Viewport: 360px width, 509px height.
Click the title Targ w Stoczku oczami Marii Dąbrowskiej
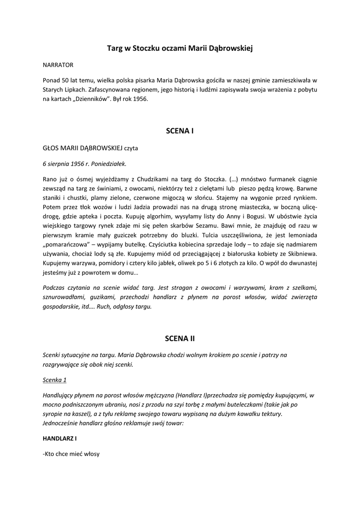pos(180,48)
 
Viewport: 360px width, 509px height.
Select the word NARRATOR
pos(58,65)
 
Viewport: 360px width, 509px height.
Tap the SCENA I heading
pos(180,131)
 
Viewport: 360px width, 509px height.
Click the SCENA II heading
pos(180,339)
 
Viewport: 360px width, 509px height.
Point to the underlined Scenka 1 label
pos(55,380)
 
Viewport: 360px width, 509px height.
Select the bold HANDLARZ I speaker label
pos(60,439)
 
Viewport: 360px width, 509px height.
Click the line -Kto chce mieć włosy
pos(71,453)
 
